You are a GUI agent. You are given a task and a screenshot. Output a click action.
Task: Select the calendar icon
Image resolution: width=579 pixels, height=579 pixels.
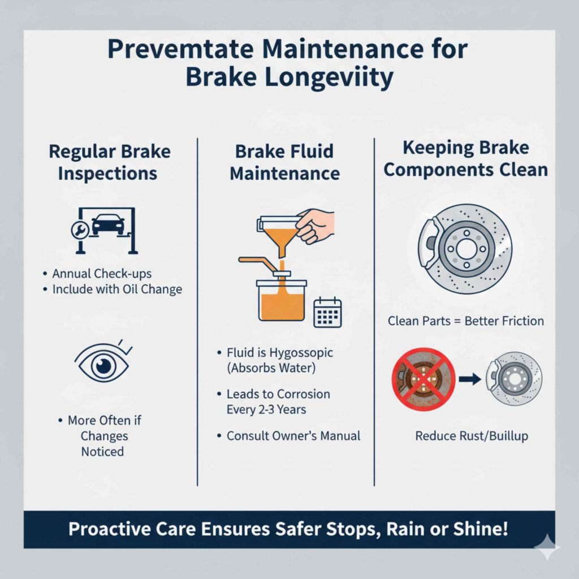tap(327, 312)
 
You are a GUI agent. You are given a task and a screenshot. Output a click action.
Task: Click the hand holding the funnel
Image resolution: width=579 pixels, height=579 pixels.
tap(316, 225)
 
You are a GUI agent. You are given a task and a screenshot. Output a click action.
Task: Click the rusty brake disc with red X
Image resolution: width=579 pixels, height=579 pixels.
tap(423, 377)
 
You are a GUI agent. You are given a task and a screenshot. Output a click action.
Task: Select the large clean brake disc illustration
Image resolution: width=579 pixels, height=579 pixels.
tap(465, 249)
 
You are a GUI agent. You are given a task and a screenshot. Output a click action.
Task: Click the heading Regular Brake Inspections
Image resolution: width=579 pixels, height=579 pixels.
tap(109, 162)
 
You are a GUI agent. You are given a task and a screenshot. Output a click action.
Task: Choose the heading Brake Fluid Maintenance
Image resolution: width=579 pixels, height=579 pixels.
tap(284, 162)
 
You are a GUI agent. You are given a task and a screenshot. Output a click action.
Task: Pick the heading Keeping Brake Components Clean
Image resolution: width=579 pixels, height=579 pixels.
tap(465, 159)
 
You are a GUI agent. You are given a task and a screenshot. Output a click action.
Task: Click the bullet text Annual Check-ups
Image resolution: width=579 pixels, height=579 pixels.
tap(102, 274)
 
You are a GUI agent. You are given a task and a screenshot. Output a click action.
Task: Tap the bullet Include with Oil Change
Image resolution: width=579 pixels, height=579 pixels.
tap(117, 289)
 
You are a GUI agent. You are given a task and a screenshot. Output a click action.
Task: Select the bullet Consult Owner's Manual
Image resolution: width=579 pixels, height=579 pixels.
tap(293, 436)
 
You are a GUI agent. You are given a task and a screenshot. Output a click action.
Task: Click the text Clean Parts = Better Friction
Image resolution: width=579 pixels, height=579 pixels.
tap(465, 321)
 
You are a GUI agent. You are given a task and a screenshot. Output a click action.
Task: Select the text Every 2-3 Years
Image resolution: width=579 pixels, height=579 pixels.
tap(266, 409)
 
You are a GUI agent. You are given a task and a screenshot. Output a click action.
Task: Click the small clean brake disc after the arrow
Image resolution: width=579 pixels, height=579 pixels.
tap(514, 377)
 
